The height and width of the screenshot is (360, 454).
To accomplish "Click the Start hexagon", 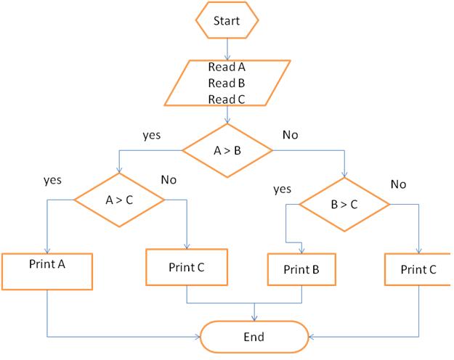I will click(227, 21).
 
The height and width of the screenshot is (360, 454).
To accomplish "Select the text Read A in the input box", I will click(227, 67).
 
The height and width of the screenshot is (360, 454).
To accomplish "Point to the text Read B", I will click(227, 83).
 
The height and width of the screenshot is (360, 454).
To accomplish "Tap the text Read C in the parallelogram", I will click(227, 99).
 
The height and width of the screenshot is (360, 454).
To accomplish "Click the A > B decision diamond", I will click(227, 151).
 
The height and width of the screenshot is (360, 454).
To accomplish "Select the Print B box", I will click(300, 269).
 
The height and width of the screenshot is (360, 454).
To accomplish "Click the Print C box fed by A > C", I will click(187, 266).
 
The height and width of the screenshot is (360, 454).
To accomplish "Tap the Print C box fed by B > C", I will click(419, 269).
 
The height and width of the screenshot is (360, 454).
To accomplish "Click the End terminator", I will click(254, 337).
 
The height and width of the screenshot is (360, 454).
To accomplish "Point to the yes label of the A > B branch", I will click(153, 134).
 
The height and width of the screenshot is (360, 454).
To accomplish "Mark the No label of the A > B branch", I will click(290, 135).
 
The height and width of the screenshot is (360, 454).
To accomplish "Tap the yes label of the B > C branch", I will click(282, 189).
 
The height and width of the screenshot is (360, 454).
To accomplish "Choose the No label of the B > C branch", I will click(398, 184).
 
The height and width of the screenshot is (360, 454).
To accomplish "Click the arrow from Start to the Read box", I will click(227, 48).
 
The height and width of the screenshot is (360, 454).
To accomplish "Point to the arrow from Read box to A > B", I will click(227, 115).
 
